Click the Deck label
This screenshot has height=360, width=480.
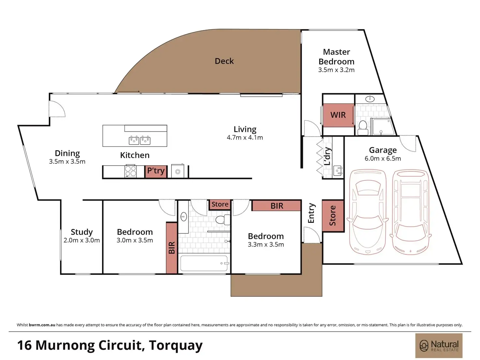(224, 61)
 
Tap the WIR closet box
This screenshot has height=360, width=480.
(338, 115)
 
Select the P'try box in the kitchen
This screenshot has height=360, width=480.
(156, 171)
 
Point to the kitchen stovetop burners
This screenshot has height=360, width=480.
(130, 171)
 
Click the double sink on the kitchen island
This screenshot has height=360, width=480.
(140, 140)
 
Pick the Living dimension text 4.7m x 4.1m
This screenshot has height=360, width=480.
(245, 138)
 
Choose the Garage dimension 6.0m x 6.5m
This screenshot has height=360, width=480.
(383, 158)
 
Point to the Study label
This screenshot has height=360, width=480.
(82, 232)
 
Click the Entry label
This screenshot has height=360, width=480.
(311, 213)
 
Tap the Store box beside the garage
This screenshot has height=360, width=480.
(333, 216)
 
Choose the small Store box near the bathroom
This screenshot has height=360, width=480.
(220, 204)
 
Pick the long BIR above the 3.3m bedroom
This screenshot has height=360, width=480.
(277, 206)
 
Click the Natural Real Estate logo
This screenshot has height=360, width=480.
(439, 346)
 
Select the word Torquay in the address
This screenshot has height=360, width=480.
(176, 346)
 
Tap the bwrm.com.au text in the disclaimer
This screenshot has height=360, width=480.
(42, 325)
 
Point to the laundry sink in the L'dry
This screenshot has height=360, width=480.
(338, 170)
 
